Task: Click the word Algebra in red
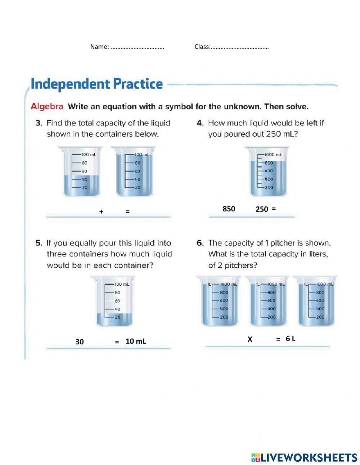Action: coord(47,107)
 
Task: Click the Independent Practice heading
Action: coord(96,84)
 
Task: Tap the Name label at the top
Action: coord(99,47)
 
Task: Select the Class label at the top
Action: coord(202,47)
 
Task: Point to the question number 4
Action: coord(200,123)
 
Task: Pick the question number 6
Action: coord(200,243)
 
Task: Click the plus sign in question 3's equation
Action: coord(101,212)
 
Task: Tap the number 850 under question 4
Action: coord(229,209)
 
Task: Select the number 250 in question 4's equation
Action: coord(262,209)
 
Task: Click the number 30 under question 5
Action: coord(80,342)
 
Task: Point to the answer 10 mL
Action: coord(136,341)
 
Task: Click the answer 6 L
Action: coord(291,339)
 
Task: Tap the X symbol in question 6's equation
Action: coord(250,339)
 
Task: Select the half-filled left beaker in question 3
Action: coord(81,172)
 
